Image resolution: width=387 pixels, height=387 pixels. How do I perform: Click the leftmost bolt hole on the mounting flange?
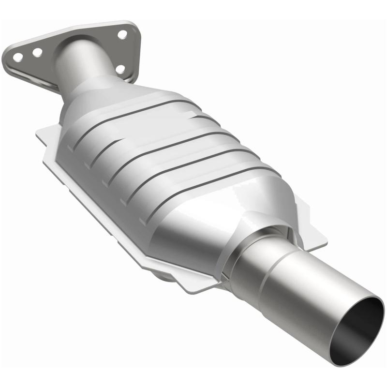pos(18,57)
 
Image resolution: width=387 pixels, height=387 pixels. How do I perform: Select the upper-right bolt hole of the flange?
pos(122,34)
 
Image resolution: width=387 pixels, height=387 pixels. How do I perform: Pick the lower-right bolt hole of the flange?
pos(121,69)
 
